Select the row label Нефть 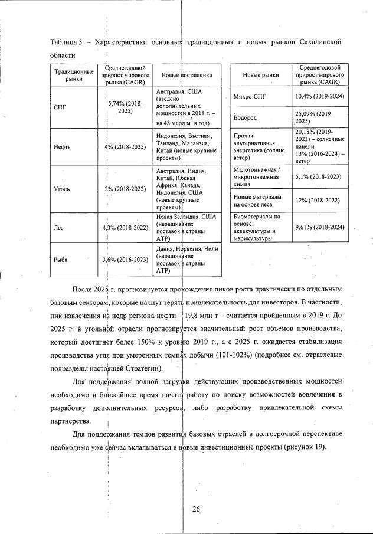tap(62, 147)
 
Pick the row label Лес tap(58, 227)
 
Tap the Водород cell tap(246, 117)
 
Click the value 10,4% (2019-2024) tap(319, 96)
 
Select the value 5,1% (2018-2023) tap(319, 176)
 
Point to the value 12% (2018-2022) tap(319, 200)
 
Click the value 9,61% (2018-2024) tap(319, 227)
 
